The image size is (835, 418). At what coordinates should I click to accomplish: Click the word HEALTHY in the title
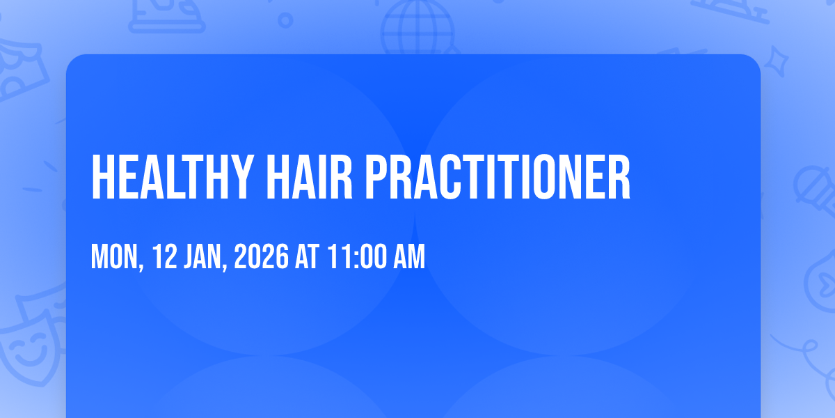pyautogui.click(x=170, y=176)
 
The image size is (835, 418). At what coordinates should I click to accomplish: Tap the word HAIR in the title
pyautogui.click(x=309, y=176)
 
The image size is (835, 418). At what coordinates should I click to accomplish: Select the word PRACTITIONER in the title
pyautogui.click(x=498, y=176)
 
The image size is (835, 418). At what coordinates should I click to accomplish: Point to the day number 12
pyautogui.click(x=164, y=256)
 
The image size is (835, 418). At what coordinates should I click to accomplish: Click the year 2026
pyautogui.click(x=262, y=256)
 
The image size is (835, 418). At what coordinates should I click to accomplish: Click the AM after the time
pyautogui.click(x=410, y=256)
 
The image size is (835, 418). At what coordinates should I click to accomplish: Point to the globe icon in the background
pyautogui.click(x=418, y=27)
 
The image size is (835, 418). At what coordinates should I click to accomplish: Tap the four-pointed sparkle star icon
pyautogui.click(x=777, y=61)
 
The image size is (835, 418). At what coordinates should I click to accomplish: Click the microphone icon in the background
pyautogui.click(x=815, y=190)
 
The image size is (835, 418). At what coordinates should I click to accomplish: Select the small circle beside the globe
pyautogui.click(x=285, y=20)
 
